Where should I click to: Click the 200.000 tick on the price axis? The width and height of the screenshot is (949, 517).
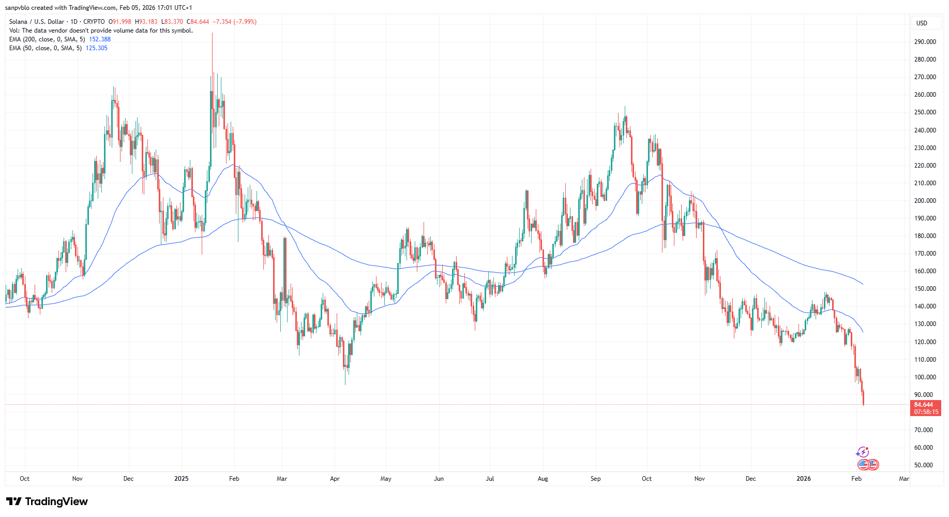(925, 201)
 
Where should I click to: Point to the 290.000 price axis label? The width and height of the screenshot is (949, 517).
(925, 42)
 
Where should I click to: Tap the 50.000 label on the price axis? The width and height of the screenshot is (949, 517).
(923, 465)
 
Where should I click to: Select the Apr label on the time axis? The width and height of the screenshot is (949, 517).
(335, 479)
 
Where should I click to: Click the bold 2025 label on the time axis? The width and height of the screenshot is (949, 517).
(182, 479)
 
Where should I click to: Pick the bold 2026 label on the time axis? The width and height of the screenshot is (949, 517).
(803, 479)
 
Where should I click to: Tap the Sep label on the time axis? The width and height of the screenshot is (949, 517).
(595, 479)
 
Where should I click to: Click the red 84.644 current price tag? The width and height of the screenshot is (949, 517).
(924, 405)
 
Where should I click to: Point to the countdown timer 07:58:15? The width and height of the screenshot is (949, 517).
(926, 412)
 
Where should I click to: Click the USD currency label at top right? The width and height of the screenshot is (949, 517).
(922, 23)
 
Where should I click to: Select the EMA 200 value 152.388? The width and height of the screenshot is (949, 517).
(100, 39)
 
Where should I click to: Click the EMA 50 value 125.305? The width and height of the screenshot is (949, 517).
(97, 48)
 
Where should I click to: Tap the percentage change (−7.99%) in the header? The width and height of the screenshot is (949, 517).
(245, 22)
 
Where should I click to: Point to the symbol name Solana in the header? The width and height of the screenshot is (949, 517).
(18, 22)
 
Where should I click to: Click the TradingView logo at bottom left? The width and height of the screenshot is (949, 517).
(47, 501)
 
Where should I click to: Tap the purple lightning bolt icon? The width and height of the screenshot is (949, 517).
(862, 452)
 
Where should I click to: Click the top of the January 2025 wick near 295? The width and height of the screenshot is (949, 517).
(212, 34)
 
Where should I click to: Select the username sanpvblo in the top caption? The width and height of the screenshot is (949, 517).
(17, 8)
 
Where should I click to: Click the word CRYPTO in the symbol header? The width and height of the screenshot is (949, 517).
(94, 22)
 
